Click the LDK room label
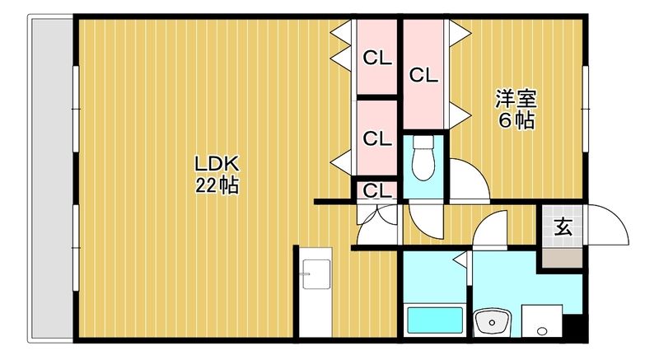(x=217, y=164)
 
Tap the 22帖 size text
(x=217, y=185)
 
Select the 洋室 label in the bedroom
(x=516, y=99)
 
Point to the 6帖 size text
(x=516, y=121)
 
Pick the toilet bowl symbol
(x=423, y=158)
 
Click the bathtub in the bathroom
(x=435, y=320)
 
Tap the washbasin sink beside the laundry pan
(x=492, y=322)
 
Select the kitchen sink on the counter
(x=316, y=274)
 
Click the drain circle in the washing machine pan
(x=542, y=331)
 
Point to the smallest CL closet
(x=377, y=191)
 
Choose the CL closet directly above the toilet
(x=423, y=74)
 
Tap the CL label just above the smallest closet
(x=377, y=138)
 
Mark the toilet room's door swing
(x=425, y=222)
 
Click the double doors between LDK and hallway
(x=377, y=224)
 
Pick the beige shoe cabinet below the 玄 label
(x=562, y=258)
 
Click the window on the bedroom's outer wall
(x=585, y=109)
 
